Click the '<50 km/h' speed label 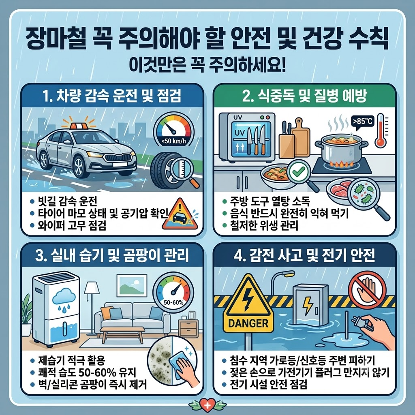173,141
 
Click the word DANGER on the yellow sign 248,323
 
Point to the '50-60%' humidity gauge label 173,302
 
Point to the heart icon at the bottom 207,405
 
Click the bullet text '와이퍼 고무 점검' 72,226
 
